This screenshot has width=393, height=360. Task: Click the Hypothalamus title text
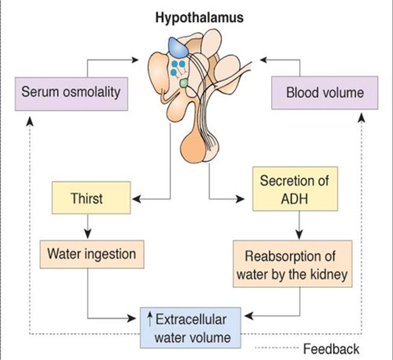(199, 18)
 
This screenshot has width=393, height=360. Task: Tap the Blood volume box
(325, 93)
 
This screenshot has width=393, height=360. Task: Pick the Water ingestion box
(92, 254)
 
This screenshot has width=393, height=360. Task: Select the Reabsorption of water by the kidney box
(292, 264)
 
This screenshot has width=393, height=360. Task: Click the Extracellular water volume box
(190, 328)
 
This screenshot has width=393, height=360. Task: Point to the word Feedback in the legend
(331, 349)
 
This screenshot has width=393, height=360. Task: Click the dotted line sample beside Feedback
(277, 348)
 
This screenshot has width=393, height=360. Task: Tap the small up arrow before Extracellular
(150, 319)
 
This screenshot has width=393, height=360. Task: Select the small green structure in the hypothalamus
(183, 83)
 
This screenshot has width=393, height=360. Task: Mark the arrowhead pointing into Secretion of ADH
(241, 199)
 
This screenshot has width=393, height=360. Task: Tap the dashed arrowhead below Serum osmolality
(29, 120)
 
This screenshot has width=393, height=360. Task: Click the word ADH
(294, 199)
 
